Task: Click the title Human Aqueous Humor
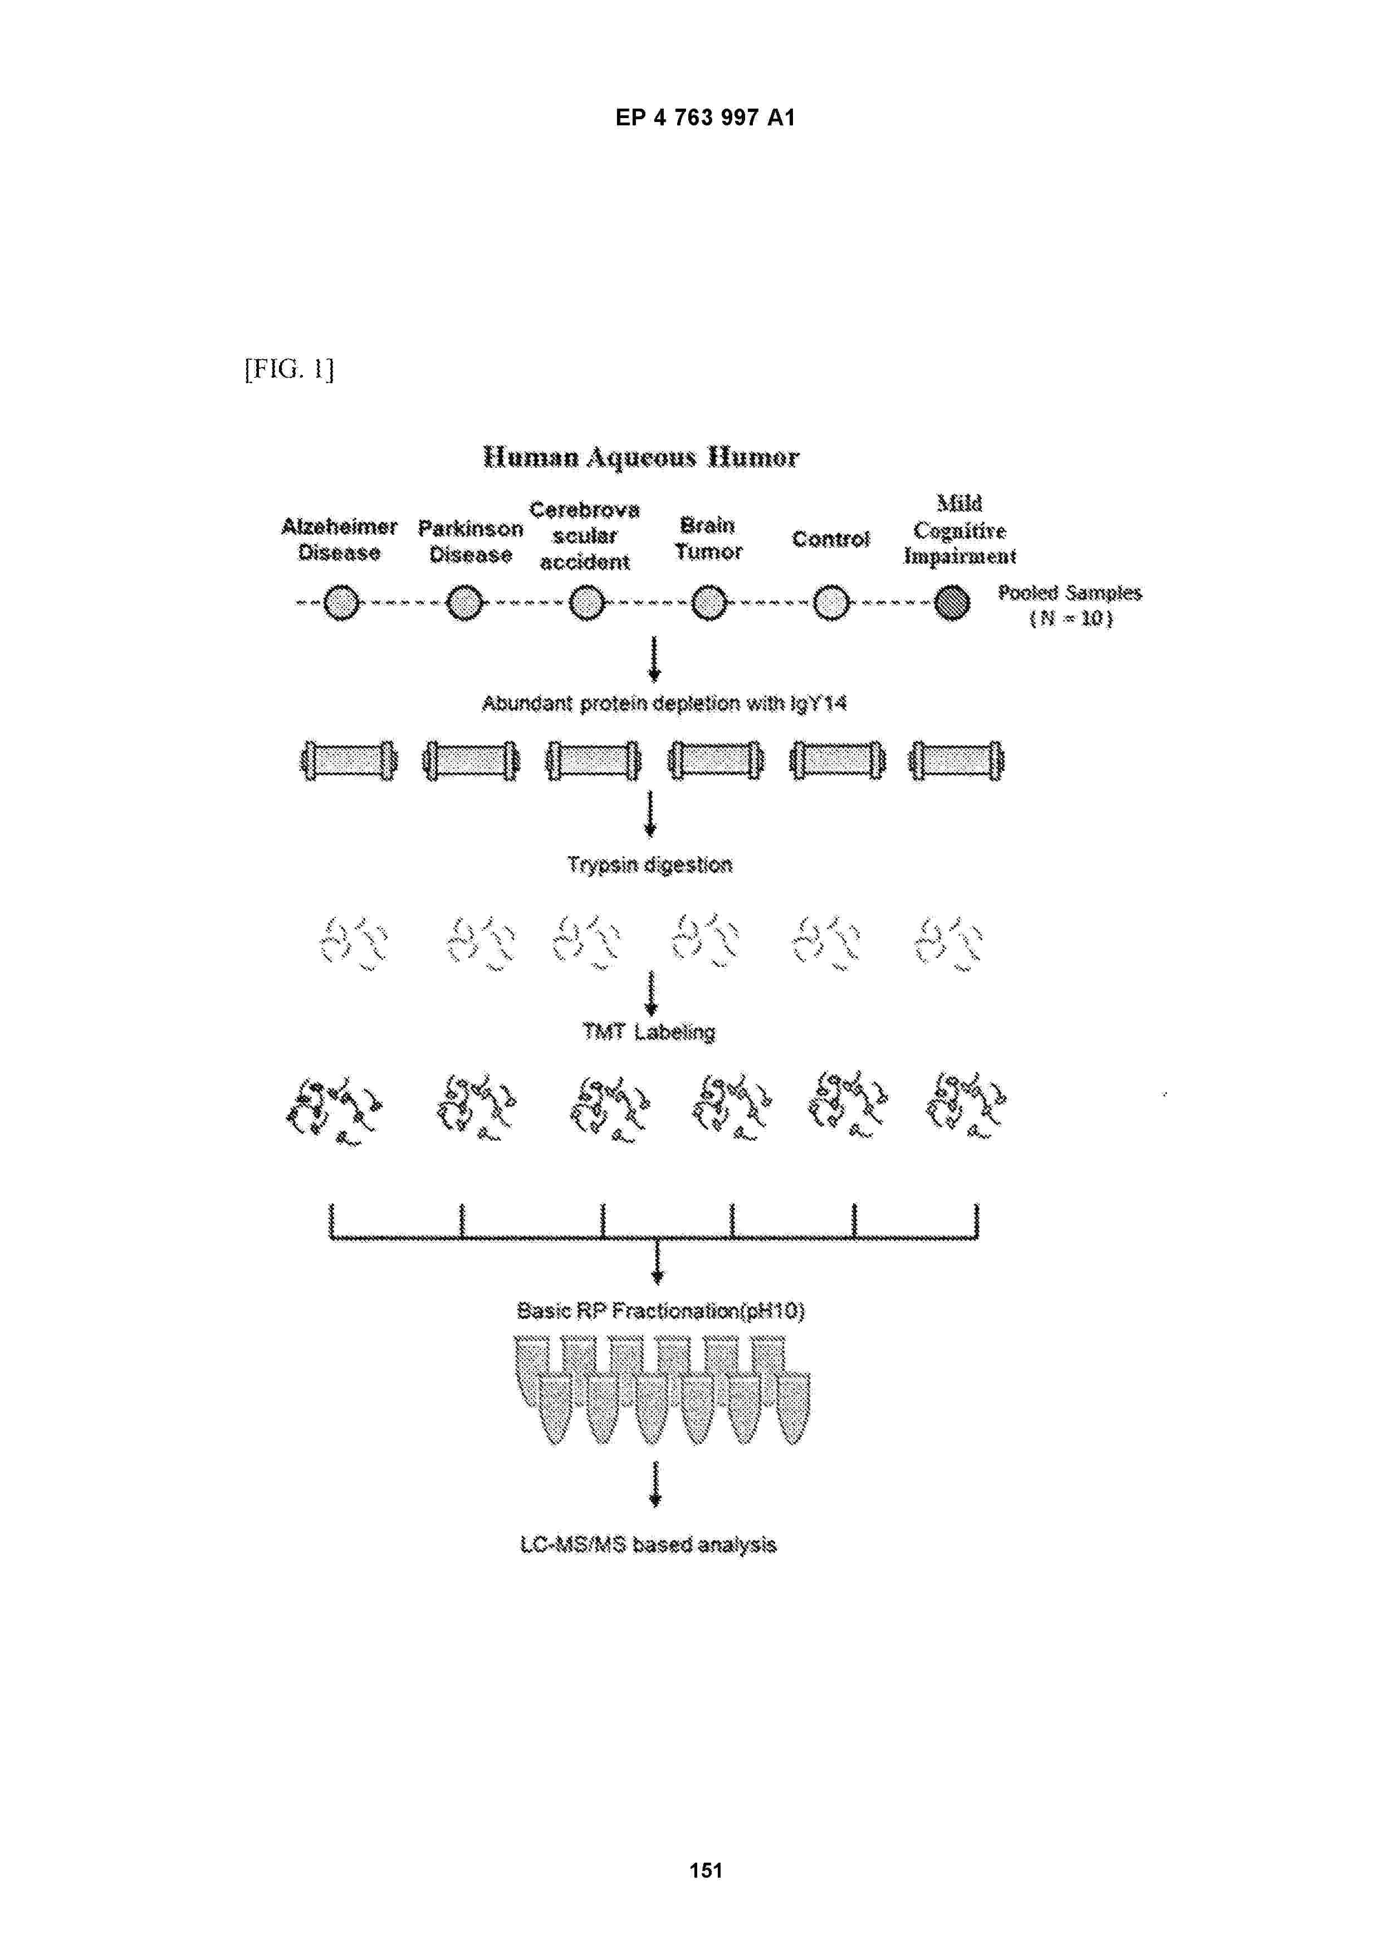pyautogui.click(x=641, y=457)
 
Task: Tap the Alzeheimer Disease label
pyautogui.click(x=340, y=540)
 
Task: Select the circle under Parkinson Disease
pyautogui.click(x=466, y=603)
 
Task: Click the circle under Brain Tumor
pyautogui.click(x=709, y=603)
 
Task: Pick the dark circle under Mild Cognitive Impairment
pyautogui.click(x=952, y=603)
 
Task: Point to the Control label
pyautogui.click(x=830, y=539)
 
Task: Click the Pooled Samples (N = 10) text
pyautogui.click(x=1070, y=605)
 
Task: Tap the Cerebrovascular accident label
pyautogui.click(x=585, y=535)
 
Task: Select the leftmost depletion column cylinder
pyautogui.click(x=349, y=760)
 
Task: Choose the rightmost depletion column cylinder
pyautogui.click(x=957, y=760)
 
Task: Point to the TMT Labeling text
pyautogui.click(x=649, y=1032)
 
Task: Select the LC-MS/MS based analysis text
pyautogui.click(x=648, y=1545)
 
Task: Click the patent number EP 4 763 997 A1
pyautogui.click(x=706, y=118)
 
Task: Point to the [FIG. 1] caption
pyautogui.click(x=290, y=369)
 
